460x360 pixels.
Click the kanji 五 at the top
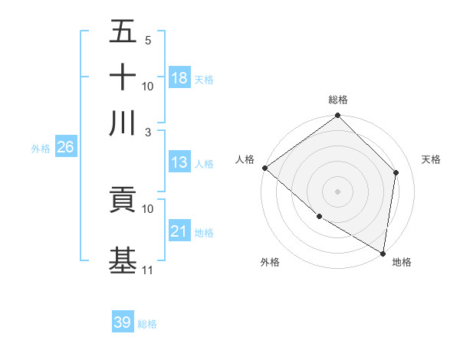pos(123,31)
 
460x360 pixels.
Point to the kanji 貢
pos(123,200)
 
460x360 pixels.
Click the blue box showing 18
pos(179,77)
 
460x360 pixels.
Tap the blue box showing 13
pos(179,162)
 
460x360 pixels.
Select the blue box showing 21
pos(179,231)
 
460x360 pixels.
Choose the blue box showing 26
pos(65,148)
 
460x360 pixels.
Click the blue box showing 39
pos(123,322)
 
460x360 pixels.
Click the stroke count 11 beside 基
pos(148,270)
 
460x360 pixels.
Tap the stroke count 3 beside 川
pos(148,132)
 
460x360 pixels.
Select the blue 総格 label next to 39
pos(147,324)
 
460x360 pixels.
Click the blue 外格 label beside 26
pos(41,149)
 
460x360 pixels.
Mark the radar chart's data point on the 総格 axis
pos(338,116)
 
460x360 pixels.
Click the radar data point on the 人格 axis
pos(264,168)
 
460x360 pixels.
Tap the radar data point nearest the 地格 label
pos(383,253)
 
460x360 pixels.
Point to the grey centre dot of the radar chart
pos(338,191)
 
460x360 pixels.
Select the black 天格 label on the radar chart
pos(431,159)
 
